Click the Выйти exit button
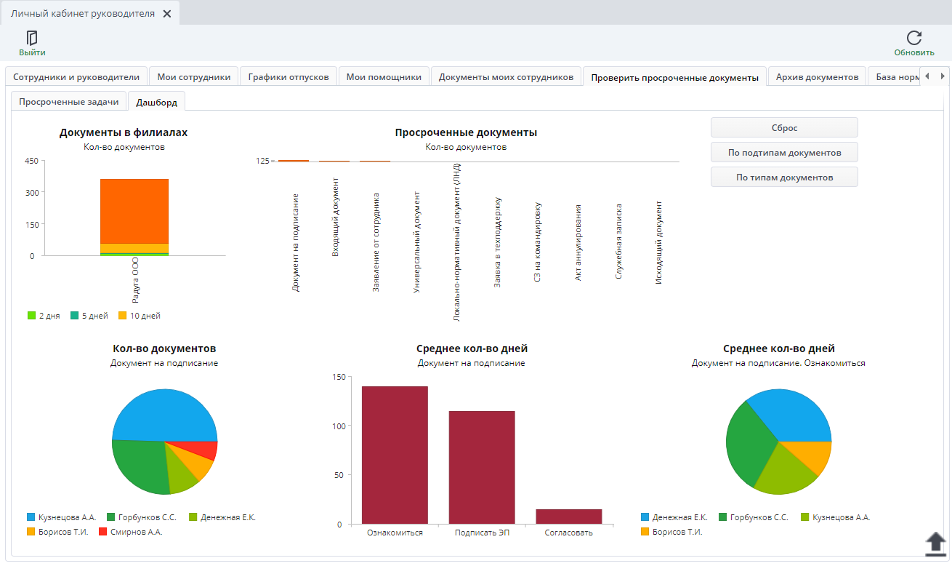[32, 44]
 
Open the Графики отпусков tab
[289, 77]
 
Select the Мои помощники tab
[384, 77]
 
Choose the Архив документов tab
[817, 77]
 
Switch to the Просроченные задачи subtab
[69, 102]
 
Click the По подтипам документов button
[784, 152]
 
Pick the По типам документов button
[784, 177]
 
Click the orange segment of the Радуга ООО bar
[134, 211]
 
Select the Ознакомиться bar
[395, 455]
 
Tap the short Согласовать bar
[568, 517]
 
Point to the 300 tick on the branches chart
[32, 193]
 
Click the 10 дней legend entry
[140, 316]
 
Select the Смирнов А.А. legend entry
[131, 532]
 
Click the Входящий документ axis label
[335, 217]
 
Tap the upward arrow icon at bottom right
[935, 544]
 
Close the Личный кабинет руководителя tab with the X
[167, 14]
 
